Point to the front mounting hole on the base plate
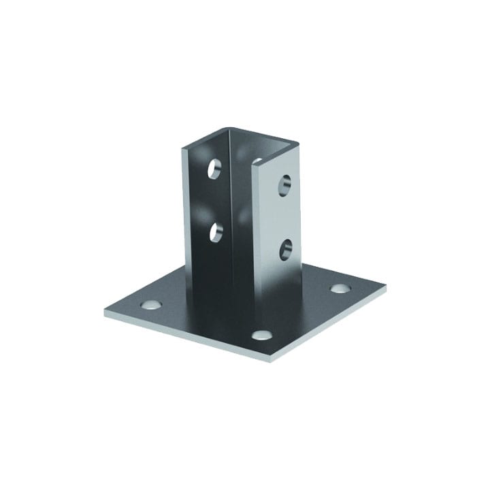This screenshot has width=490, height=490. click(x=259, y=334)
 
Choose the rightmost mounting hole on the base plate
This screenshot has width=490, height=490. click(x=340, y=289)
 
